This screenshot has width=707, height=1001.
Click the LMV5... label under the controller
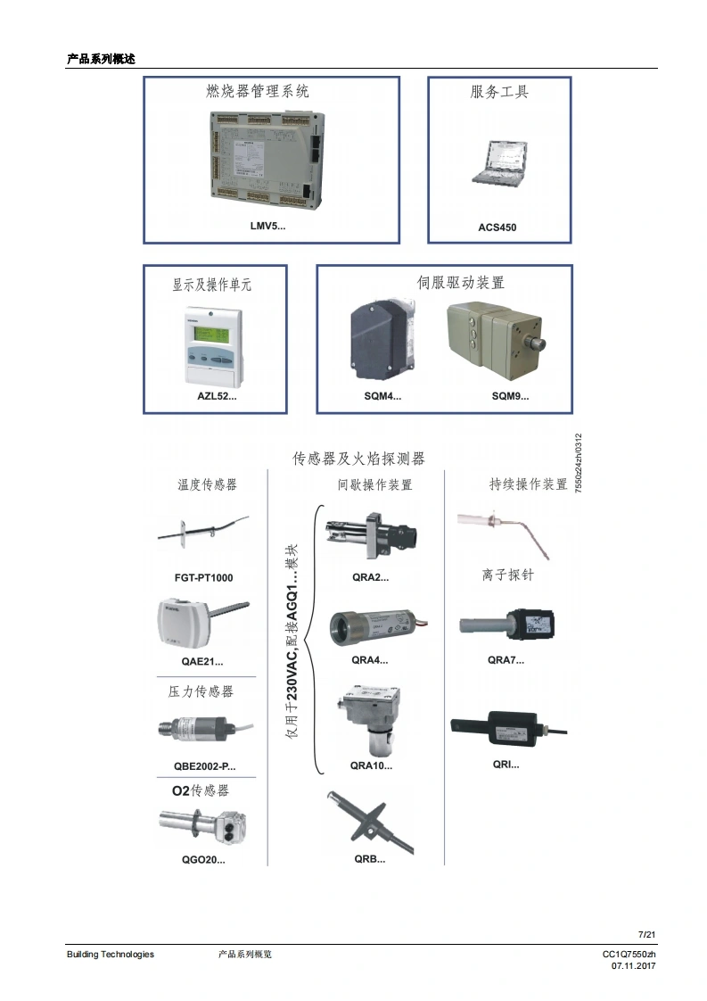267,227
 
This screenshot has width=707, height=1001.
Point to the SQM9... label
509,396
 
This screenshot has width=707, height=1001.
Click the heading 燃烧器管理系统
258,91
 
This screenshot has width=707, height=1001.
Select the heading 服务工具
499,91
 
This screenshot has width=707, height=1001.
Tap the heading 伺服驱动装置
461,283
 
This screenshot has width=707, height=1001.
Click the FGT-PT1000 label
203,577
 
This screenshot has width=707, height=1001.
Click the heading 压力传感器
201,691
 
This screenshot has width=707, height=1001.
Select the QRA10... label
371,765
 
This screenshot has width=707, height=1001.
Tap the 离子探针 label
507,576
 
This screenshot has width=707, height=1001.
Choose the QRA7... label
506,660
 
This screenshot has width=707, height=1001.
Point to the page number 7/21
647,934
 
